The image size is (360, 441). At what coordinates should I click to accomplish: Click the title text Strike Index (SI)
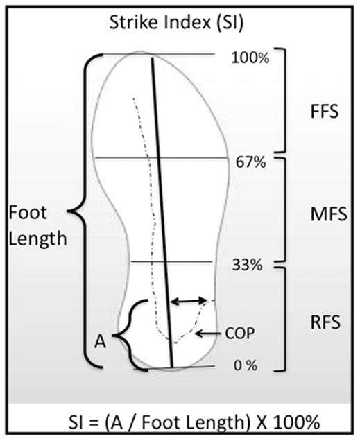tap(176, 23)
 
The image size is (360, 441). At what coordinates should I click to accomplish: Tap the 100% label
tap(250, 58)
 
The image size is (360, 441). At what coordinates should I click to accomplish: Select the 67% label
tap(250, 162)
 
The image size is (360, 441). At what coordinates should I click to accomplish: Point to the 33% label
tap(247, 265)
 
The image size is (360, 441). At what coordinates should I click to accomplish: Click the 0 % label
tap(246, 365)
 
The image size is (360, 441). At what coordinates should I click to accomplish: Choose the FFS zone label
tap(325, 112)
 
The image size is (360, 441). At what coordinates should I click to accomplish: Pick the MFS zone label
tap(329, 214)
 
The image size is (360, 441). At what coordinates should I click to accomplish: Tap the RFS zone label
tap(325, 322)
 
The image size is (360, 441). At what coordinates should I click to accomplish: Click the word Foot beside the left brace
tap(28, 212)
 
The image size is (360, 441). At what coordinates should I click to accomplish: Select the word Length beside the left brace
tap(37, 239)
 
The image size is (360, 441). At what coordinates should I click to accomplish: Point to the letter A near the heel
tap(100, 343)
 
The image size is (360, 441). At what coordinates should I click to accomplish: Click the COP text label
tap(239, 334)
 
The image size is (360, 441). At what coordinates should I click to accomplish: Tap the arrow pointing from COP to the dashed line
tap(208, 334)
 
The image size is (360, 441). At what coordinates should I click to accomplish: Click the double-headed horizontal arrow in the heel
tap(189, 301)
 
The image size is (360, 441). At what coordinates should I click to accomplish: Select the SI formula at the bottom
tap(194, 422)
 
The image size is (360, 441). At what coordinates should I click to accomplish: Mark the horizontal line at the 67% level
tap(162, 158)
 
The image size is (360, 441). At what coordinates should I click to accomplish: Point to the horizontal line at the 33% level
tap(171, 262)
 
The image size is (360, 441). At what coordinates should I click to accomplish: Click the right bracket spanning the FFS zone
tap(284, 100)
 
